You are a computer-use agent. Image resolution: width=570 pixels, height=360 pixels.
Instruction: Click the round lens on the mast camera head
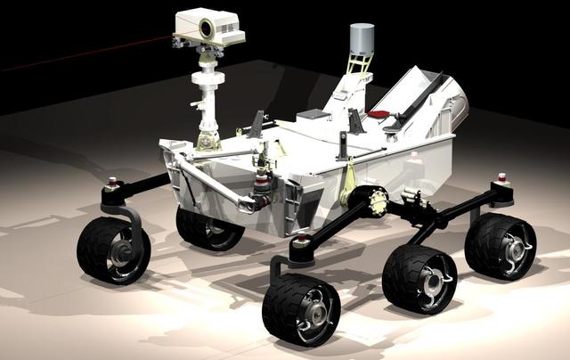point(206,29)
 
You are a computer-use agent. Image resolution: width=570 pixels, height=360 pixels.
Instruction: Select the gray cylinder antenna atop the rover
point(362,37)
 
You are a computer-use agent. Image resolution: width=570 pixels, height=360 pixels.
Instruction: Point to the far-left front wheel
point(113,250)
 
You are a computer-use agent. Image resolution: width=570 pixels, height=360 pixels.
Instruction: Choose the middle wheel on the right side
point(419,278)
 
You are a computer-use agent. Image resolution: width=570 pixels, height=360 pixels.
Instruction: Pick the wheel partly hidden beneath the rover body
point(209,228)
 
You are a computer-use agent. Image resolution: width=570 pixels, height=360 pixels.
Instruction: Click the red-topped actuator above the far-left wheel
point(113,185)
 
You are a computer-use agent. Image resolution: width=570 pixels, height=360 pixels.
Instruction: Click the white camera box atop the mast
point(209,27)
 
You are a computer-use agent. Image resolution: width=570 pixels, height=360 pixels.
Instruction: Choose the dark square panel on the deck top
point(313,114)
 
